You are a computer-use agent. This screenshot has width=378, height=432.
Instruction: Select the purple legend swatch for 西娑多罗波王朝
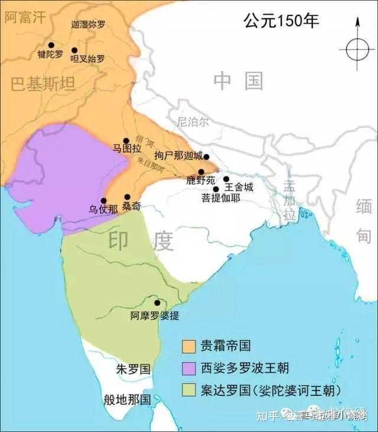(189, 367)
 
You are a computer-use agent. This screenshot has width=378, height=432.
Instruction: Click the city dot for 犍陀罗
(51, 45)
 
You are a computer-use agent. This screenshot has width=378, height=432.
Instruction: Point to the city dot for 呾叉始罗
(74, 50)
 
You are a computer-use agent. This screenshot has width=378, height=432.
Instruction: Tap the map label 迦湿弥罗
(88, 25)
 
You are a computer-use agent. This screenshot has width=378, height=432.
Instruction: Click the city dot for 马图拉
(126, 141)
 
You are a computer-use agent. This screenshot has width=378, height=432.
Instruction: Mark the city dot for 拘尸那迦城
(206, 157)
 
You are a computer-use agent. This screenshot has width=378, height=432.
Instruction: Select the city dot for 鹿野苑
(201, 172)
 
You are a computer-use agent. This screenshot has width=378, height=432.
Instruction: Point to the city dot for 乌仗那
(104, 201)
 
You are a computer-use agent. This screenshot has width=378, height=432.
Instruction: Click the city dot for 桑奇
(127, 197)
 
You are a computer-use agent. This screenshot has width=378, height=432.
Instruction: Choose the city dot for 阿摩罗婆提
(157, 302)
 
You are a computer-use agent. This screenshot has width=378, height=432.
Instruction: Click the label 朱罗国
(133, 370)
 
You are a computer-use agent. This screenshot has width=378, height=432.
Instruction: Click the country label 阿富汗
(25, 17)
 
